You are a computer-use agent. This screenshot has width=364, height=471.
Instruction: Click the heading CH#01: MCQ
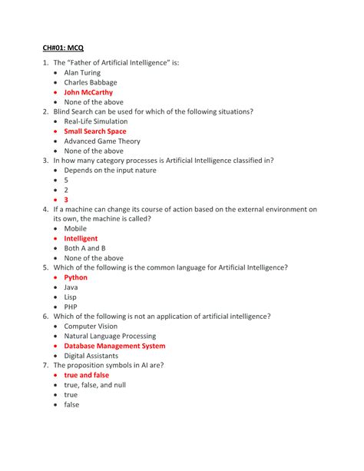click(64, 47)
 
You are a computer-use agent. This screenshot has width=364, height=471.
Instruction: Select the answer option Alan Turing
click(82, 73)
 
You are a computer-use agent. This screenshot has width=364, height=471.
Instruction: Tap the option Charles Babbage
click(91, 83)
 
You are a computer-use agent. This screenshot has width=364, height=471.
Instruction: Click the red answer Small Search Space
click(95, 131)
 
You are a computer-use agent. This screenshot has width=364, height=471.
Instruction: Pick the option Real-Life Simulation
click(96, 121)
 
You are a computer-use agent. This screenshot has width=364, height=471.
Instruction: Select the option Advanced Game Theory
click(103, 141)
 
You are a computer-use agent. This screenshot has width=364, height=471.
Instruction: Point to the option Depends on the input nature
click(110, 171)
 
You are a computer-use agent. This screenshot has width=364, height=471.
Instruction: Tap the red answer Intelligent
click(81, 239)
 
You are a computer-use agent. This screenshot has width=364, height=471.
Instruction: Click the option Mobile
click(75, 229)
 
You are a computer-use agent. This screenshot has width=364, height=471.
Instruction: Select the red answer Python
click(76, 277)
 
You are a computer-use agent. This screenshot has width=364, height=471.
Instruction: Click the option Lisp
click(71, 297)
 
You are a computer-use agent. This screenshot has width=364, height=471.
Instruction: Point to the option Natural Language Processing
click(110, 336)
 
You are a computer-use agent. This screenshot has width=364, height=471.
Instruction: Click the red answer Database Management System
click(114, 346)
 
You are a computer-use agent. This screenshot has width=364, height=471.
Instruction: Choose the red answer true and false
click(87, 375)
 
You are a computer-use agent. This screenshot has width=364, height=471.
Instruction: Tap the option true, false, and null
click(94, 385)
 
